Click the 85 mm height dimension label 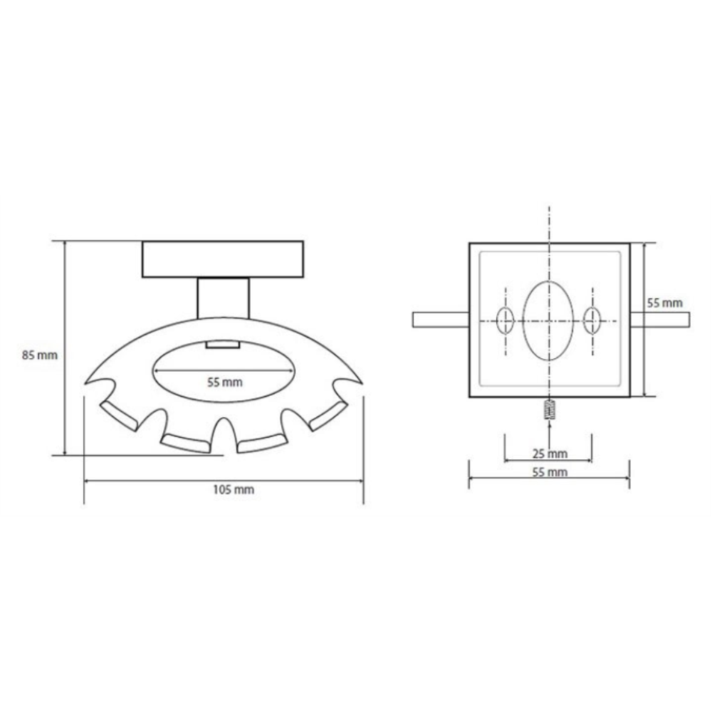pyautogui.click(x=40, y=355)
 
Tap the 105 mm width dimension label pyautogui.click(x=234, y=490)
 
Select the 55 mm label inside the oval pyautogui.click(x=225, y=382)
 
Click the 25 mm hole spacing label pyautogui.click(x=550, y=453)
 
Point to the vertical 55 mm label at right pyautogui.click(x=665, y=303)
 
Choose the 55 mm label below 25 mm pyautogui.click(x=550, y=472)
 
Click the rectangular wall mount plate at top pyautogui.click(x=222, y=259)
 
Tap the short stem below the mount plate pyautogui.click(x=224, y=298)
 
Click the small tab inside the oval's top pyautogui.click(x=223, y=345)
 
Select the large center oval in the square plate pyautogui.click(x=548, y=320)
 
